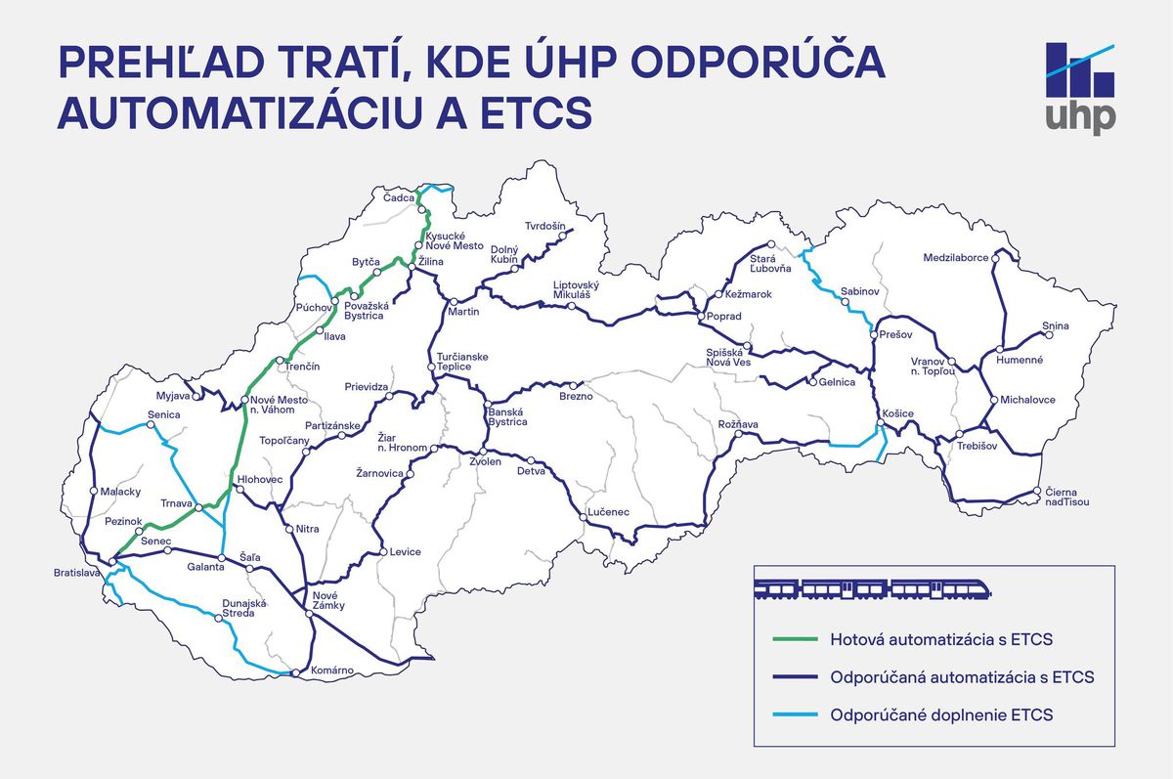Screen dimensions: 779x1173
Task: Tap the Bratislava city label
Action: (77, 573)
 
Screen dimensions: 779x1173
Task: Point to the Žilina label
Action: (430, 262)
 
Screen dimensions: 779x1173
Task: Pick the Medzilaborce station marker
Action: (996, 258)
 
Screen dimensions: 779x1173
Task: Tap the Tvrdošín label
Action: (545, 226)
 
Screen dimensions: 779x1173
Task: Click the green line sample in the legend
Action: (792, 639)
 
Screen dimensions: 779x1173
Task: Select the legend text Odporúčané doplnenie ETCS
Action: (941, 714)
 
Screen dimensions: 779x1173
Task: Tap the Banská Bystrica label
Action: (507, 416)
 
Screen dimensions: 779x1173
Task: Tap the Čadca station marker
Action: (419, 209)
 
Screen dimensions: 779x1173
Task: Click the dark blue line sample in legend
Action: (792, 676)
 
